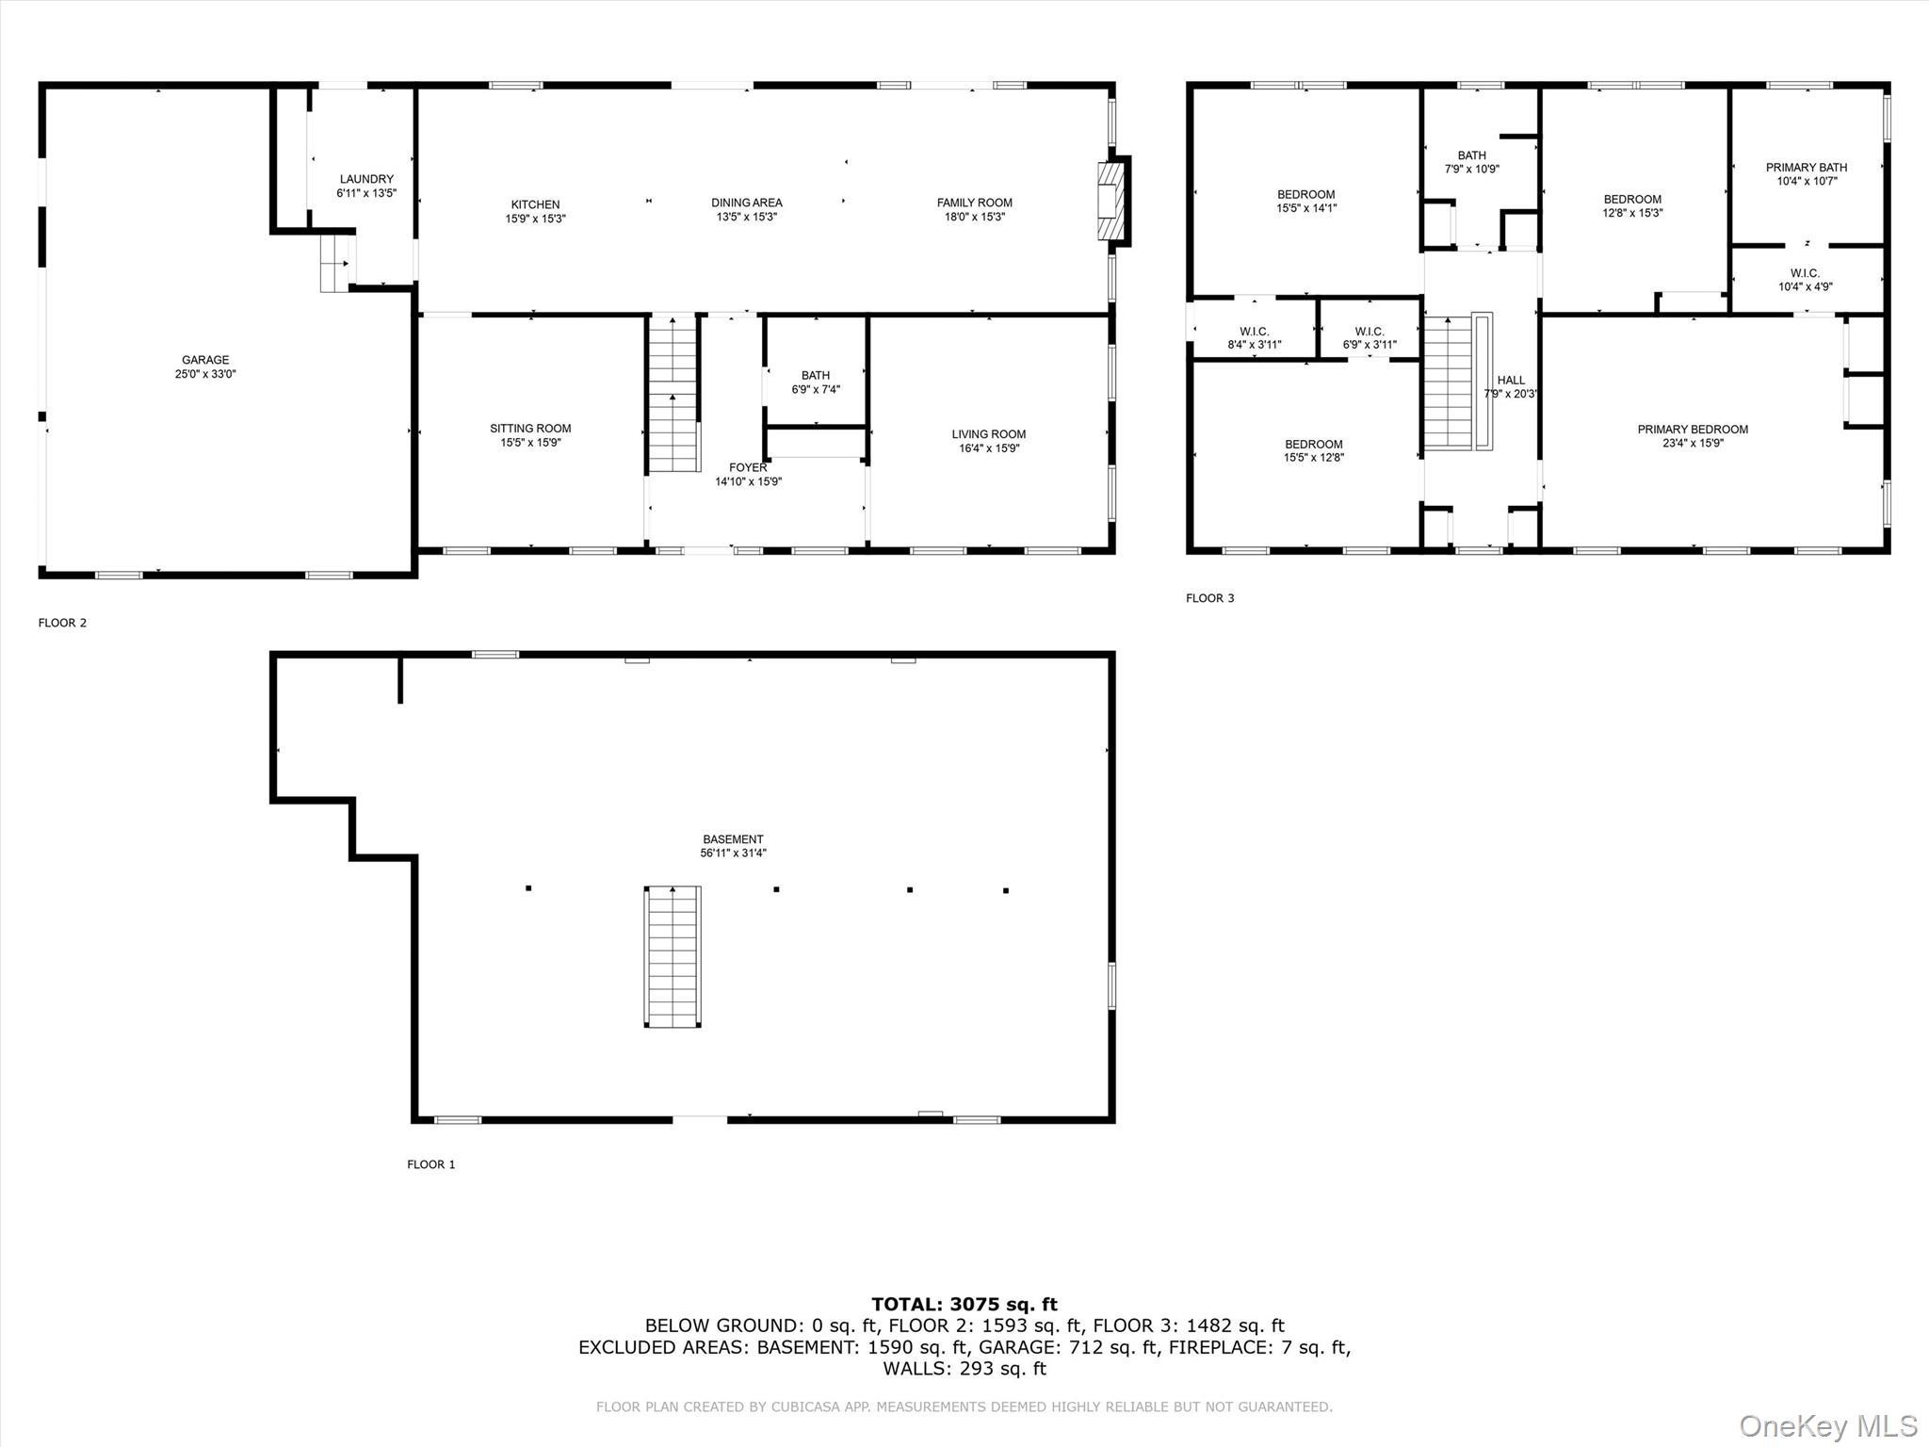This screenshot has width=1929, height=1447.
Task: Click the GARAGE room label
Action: pyautogui.click(x=205, y=360)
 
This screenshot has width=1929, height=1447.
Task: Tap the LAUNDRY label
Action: pyautogui.click(x=366, y=179)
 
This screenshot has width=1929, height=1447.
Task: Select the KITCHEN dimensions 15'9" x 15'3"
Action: pyautogui.click(x=535, y=219)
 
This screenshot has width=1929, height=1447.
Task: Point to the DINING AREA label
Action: pyautogui.click(x=746, y=203)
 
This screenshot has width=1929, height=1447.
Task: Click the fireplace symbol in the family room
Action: pyautogui.click(x=1111, y=203)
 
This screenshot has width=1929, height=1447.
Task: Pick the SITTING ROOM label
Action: pyautogui.click(x=530, y=429)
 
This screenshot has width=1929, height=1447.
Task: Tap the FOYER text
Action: pyautogui.click(x=748, y=467)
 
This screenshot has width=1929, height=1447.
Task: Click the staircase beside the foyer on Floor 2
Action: pyautogui.click(x=673, y=396)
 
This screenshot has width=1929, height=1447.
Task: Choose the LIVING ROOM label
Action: pyautogui.click(x=988, y=434)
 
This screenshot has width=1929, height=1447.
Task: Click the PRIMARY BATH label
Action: pyautogui.click(x=1806, y=168)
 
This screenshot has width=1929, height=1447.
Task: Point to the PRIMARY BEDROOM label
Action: pyautogui.click(x=1692, y=430)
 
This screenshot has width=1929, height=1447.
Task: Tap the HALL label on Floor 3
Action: pyautogui.click(x=1510, y=381)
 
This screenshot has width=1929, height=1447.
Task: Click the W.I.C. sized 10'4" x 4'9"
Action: pyautogui.click(x=1805, y=280)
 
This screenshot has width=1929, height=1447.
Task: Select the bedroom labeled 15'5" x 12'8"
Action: pyautogui.click(x=1313, y=451)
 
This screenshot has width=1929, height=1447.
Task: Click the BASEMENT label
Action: pyautogui.click(x=733, y=839)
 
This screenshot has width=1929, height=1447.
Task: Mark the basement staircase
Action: pyautogui.click(x=673, y=956)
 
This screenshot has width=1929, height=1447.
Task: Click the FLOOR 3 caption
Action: pyautogui.click(x=1209, y=598)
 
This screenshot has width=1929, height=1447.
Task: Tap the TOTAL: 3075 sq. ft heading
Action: pyautogui.click(x=964, y=1305)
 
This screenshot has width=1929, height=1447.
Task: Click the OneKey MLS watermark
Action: pyautogui.click(x=1827, y=1425)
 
